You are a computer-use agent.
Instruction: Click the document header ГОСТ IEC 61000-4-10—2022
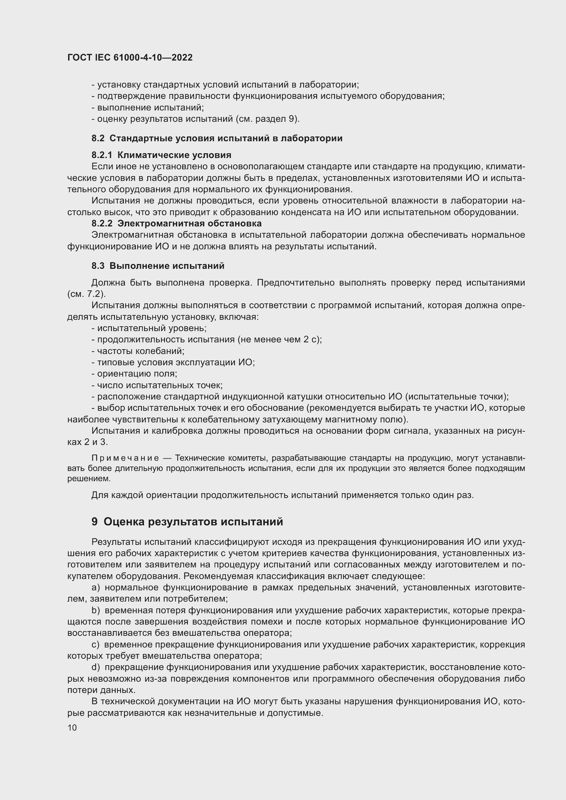(x=130, y=57)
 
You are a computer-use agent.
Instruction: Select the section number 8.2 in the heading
(x=98, y=138)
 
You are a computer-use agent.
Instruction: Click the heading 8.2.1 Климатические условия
(x=162, y=155)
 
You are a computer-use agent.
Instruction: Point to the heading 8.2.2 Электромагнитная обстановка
(x=176, y=223)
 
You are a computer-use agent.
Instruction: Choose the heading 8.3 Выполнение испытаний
(x=158, y=266)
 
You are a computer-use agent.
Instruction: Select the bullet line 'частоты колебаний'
(x=138, y=351)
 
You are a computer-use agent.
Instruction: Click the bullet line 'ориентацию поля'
(x=134, y=374)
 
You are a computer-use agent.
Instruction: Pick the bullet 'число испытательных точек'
(x=157, y=385)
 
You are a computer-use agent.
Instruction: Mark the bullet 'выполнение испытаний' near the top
(x=148, y=108)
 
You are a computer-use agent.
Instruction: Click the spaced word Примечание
(x=125, y=458)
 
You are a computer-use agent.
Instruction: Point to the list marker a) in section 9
(x=95, y=588)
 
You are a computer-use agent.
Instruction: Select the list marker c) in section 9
(x=95, y=645)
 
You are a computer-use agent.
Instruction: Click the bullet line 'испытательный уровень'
(x=149, y=328)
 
